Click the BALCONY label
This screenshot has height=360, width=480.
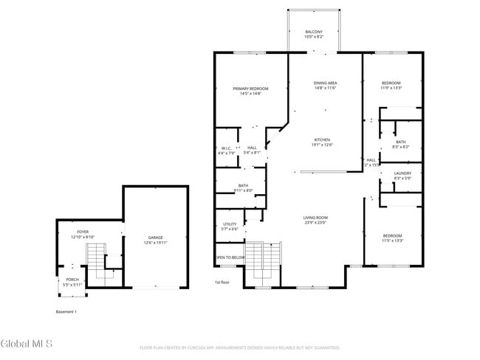314,32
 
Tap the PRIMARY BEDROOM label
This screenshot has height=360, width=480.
250,89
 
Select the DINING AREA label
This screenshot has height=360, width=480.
325,83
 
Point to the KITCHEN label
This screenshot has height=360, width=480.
322,139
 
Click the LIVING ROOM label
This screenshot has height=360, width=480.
315,218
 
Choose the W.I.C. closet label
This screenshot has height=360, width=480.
227,148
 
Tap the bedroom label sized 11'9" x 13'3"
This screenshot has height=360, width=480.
391,83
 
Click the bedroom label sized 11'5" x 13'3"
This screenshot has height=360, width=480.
391,237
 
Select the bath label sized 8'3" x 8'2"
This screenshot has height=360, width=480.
400,142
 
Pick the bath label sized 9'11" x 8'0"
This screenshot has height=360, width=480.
244,186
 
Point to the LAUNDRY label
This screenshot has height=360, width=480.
402,173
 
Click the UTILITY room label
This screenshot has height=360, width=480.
230,224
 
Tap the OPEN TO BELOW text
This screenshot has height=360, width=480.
230,257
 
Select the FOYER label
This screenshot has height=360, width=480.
83,232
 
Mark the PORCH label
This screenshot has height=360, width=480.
72,280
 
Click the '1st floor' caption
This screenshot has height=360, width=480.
222,283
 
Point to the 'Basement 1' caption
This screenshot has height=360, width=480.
66,311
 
